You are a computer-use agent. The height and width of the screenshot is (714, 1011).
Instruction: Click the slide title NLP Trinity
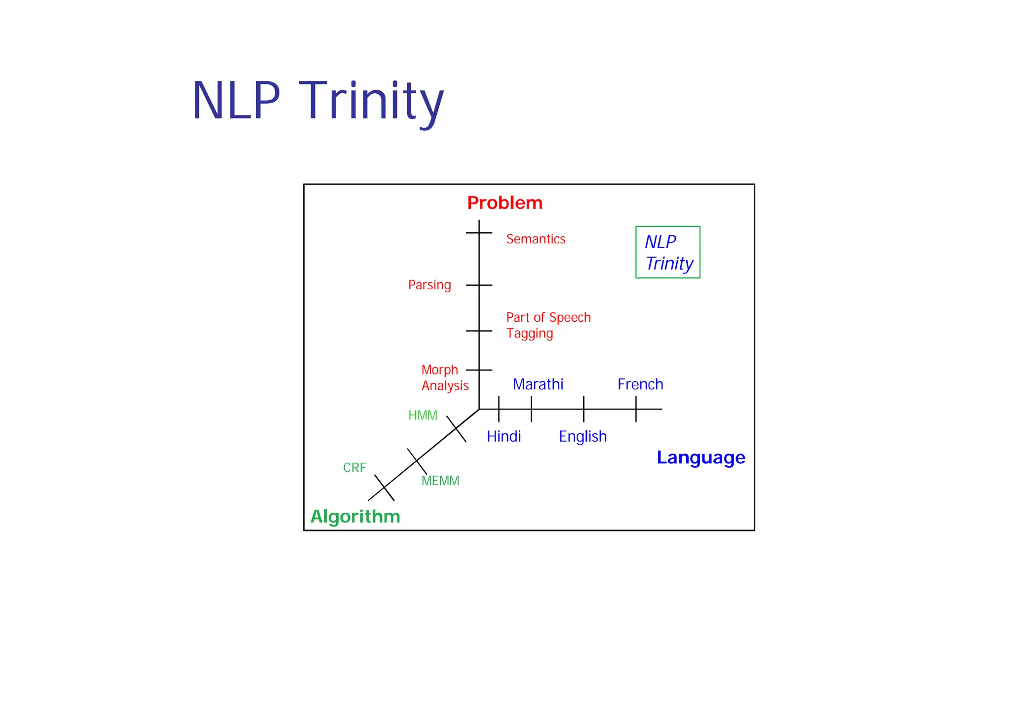(318, 101)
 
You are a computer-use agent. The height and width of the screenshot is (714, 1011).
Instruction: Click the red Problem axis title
(505, 203)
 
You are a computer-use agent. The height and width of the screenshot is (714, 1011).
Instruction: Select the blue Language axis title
(700, 457)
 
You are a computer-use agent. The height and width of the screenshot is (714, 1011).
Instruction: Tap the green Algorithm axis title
(355, 517)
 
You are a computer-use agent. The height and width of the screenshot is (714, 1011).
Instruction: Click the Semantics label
(536, 239)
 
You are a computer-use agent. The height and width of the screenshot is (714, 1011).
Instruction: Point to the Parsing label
(429, 285)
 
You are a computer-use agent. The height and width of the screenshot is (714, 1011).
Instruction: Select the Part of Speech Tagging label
(548, 325)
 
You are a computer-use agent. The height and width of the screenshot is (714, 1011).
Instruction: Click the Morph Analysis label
(444, 377)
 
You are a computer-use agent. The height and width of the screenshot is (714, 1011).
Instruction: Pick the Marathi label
(538, 384)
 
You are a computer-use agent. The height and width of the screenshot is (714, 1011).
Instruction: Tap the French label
(640, 384)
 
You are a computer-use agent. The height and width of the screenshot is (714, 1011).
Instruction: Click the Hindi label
(504, 437)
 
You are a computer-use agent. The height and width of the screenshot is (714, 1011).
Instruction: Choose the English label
(583, 437)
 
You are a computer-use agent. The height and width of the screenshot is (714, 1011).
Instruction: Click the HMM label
(423, 415)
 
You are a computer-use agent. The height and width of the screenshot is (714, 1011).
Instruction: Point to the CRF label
(354, 468)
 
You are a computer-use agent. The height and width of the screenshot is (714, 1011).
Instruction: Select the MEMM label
(440, 481)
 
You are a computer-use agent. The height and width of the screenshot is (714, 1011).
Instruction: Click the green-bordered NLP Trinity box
(667, 252)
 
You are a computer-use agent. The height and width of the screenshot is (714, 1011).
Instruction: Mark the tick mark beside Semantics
(479, 232)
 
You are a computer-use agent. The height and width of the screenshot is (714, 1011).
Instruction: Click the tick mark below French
(636, 409)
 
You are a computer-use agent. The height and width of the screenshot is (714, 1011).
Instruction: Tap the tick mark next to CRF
(384, 488)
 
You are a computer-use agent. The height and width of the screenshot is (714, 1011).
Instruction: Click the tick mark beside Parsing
(479, 285)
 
